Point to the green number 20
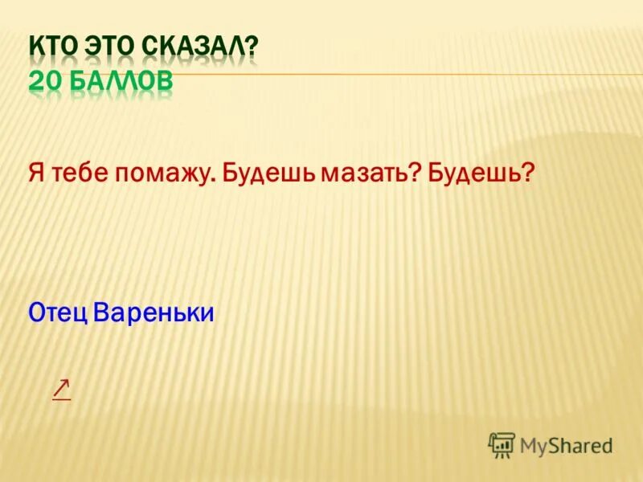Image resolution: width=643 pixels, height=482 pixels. tap(44, 82)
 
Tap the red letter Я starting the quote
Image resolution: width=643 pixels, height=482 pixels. tap(36, 172)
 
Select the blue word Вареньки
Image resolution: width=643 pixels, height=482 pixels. tap(154, 312)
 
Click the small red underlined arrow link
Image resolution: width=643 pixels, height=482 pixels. tap(61, 389)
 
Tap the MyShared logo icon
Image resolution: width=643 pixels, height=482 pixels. tap(502, 444)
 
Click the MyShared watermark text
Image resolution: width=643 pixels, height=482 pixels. tap(566, 445)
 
